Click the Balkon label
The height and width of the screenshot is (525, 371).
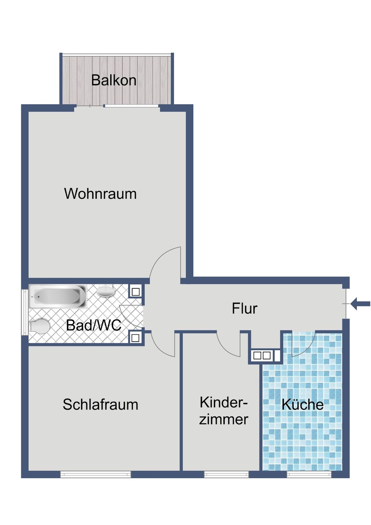click(x=114, y=80)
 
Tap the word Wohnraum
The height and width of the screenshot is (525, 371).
click(x=100, y=194)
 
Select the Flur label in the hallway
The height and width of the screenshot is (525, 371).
click(x=244, y=308)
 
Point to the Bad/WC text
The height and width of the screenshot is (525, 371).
click(x=93, y=325)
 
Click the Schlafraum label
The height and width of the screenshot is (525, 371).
click(x=100, y=404)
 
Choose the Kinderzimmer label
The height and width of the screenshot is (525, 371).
click(x=223, y=411)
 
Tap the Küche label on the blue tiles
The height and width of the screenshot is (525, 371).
click(x=302, y=404)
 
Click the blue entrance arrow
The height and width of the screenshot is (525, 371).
click(x=360, y=303)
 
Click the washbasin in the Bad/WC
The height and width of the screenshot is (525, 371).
click(x=106, y=292)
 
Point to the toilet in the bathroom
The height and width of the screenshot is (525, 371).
click(x=39, y=327)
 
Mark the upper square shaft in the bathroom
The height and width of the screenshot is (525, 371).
click(x=136, y=292)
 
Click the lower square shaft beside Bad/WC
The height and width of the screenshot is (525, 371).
click(x=135, y=338)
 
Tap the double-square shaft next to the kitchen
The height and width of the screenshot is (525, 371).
click(x=262, y=355)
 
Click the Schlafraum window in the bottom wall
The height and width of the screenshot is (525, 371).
click(x=95, y=474)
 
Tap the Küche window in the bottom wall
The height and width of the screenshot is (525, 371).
click(x=309, y=474)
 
